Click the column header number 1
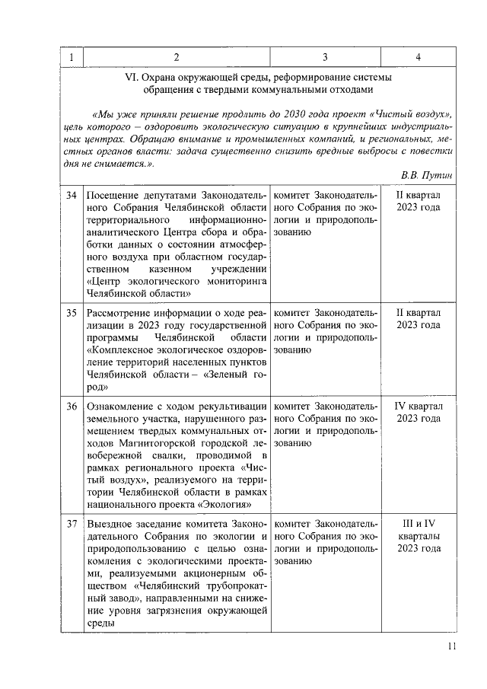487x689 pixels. (71, 58)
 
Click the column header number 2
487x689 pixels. (177, 58)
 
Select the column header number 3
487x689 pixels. (325, 58)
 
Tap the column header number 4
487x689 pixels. (418, 58)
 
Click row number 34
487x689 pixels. (71, 196)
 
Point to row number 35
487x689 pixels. (71, 313)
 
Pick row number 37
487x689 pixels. (71, 524)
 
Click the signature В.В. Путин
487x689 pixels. (426, 175)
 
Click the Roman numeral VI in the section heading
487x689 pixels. (132, 76)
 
